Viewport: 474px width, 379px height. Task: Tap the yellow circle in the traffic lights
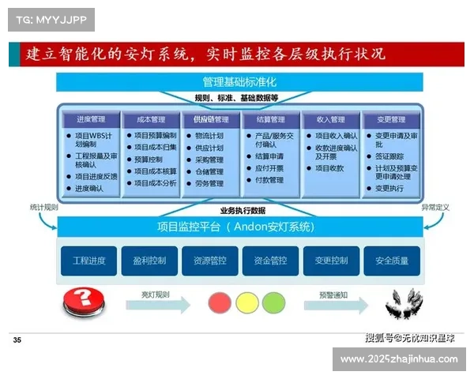245,302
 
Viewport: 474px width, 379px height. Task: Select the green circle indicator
273,302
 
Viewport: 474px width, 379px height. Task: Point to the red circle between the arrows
217,302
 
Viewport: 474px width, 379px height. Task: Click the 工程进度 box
88,261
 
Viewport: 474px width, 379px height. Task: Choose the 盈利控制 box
149,261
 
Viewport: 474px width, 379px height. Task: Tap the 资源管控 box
209,261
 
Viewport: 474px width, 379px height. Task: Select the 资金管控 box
270,261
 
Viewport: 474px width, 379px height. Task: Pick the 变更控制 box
331,261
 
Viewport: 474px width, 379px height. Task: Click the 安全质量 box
392,261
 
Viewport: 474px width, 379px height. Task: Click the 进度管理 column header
91,120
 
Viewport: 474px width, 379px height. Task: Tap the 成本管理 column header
151,120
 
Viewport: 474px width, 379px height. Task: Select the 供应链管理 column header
211,120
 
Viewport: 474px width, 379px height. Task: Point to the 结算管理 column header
271,120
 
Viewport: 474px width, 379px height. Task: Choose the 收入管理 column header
331,120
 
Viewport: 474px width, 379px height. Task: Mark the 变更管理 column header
391,120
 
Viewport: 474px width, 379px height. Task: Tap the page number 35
17,340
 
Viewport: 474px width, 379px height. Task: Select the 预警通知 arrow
333,302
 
